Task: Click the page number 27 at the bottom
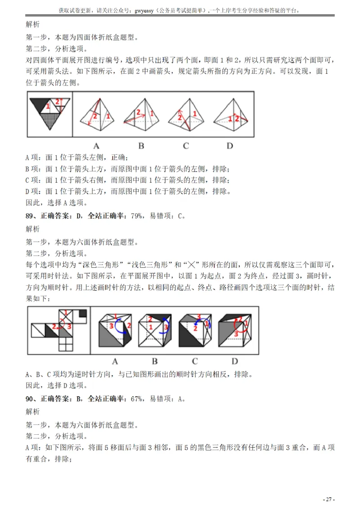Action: point(329,500)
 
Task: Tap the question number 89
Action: point(30,216)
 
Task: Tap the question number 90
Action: point(30,398)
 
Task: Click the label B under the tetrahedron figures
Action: point(141,145)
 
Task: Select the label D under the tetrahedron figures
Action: point(230,145)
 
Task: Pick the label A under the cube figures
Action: point(115,361)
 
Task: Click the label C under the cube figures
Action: point(194,361)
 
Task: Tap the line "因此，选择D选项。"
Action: point(57,385)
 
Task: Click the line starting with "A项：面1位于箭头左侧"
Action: point(77,158)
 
